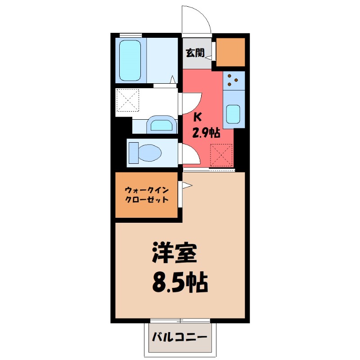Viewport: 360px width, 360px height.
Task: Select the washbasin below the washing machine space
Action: (x=162, y=125)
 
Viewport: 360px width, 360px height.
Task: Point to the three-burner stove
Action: (x=234, y=80)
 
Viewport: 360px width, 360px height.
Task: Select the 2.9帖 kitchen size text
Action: (x=206, y=133)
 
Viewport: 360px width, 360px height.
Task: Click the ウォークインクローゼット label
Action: (x=147, y=194)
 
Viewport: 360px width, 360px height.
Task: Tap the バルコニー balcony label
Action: (x=179, y=337)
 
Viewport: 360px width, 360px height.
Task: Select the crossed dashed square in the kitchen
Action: (x=221, y=155)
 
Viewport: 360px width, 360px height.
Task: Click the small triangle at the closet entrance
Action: (x=187, y=184)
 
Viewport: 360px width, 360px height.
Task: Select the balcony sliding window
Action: (x=180, y=321)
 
